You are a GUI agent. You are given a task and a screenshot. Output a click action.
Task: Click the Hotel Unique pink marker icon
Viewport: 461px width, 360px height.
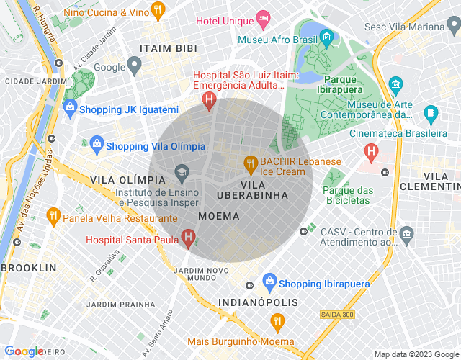pos(264,17)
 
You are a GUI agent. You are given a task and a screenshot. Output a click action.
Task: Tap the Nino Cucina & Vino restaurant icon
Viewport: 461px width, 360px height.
pos(159,10)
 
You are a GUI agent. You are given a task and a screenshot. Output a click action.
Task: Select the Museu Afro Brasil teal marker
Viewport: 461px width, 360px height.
pos(328,36)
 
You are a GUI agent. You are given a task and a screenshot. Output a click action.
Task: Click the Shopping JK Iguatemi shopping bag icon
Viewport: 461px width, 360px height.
pos(70,109)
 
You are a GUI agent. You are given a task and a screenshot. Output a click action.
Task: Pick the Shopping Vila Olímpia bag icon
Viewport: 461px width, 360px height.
pos(96,145)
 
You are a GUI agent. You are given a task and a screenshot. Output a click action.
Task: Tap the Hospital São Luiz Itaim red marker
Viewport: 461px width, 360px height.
pos(209,100)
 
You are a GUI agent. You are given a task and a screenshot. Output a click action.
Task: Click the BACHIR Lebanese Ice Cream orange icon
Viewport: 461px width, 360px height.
pos(251,163)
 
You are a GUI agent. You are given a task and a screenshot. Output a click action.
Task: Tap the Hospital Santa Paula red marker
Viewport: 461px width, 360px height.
pos(188,236)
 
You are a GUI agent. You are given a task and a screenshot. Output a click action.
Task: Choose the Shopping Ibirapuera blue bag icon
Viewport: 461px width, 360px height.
pos(269,280)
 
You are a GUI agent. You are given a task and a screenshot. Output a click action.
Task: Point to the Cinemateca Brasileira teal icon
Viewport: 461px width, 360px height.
pos(431,113)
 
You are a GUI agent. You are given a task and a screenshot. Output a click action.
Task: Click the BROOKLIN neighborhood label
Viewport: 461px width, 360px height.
pos(29,268)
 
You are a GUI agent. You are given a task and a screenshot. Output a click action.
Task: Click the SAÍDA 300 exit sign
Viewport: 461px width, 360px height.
pos(336,315)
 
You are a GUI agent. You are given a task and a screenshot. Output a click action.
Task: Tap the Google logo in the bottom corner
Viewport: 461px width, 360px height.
pos(24,351)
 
